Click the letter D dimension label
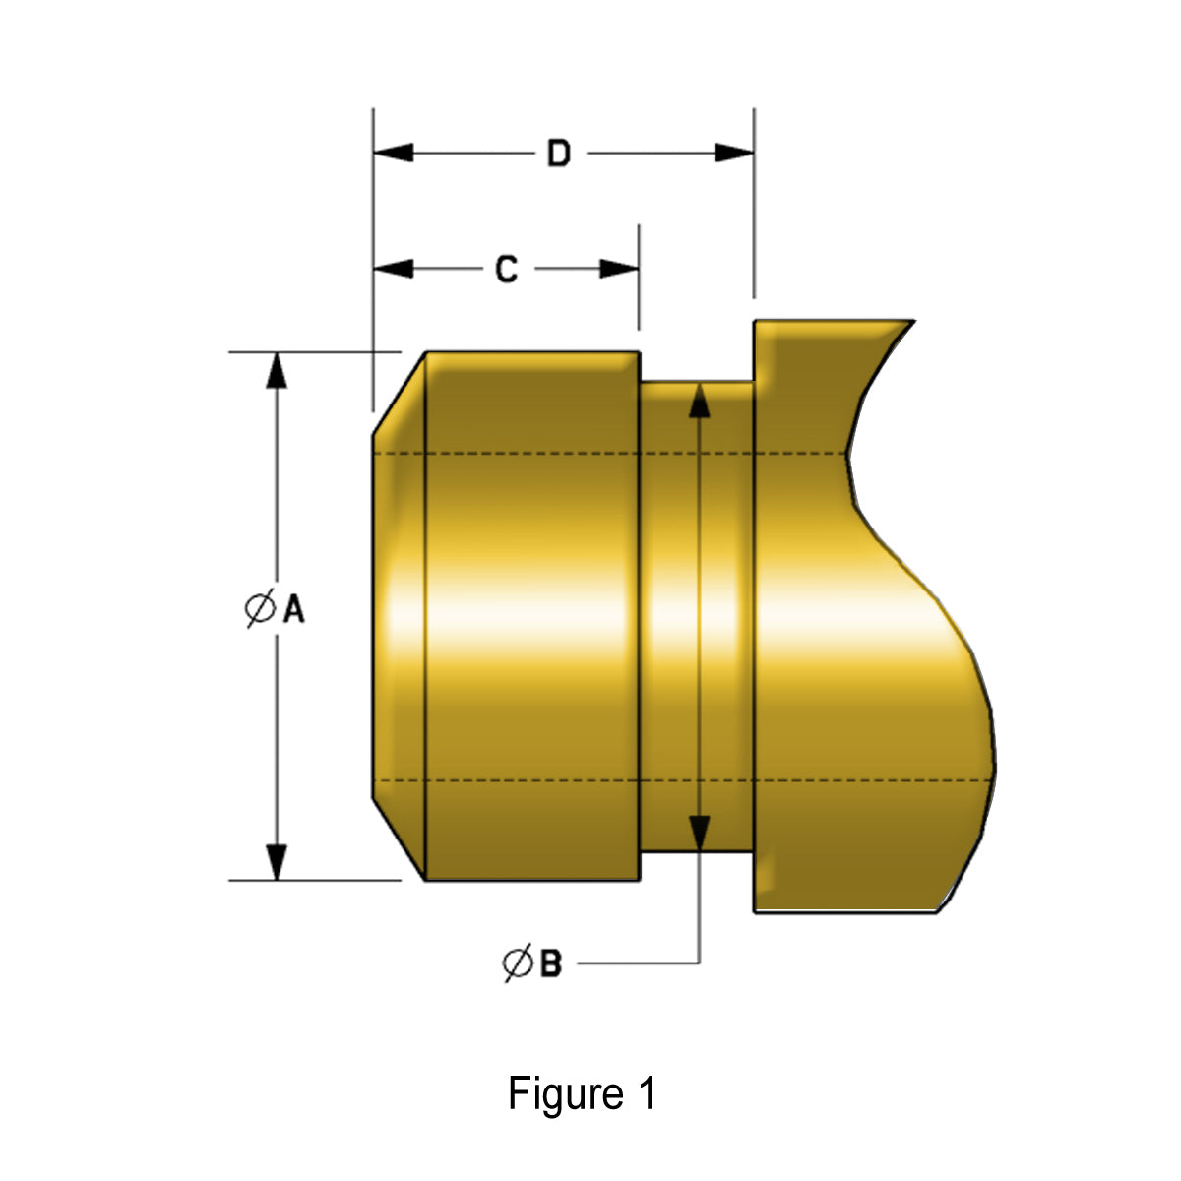(x=558, y=154)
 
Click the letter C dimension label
(x=506, y=269)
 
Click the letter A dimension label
(x=293, y=610)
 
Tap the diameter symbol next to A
(x=260, y=609)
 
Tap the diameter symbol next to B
(x=518, y=963)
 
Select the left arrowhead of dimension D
(x=393, y=154)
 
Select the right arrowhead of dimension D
(x=734, y=154)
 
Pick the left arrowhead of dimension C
(x=393, y=269)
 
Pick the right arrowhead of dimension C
(x=620, y=269)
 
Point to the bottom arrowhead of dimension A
(x=277, y=861)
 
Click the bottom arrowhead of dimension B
(x=699, y=833)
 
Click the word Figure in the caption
(x=552, y=1094)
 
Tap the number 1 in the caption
(x=646, y=1094)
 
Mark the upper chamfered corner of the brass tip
(x=400, y=392)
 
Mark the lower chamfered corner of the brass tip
(x=400, y=839)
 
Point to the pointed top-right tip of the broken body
(x=909, y=323)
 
